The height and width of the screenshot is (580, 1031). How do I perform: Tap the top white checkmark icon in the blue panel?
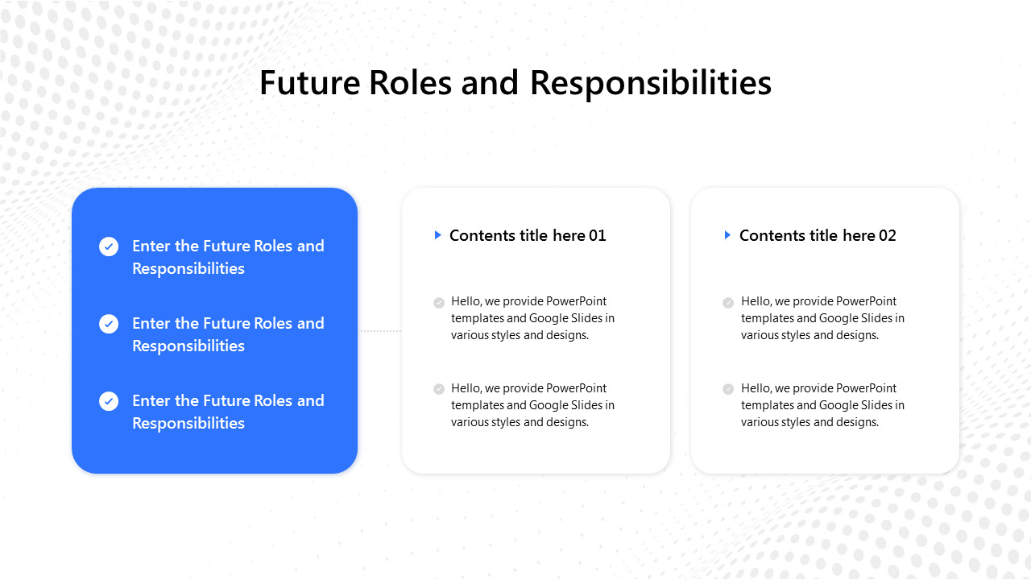click(109, 246)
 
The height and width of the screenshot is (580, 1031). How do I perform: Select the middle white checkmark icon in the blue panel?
click(109, 324)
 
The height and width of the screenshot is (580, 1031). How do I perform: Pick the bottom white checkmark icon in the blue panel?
click(109, 401)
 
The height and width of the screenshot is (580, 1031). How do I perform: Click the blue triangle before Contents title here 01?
click(437, 235)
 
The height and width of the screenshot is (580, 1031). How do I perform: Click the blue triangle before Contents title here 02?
click(727, 235)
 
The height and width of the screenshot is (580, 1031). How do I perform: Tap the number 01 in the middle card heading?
click(597, 235)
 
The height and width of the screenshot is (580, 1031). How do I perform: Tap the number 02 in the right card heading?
click(887, 235)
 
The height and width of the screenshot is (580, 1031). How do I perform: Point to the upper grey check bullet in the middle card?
click(439, 303)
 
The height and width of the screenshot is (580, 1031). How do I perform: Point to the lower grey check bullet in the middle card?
click(439, 389)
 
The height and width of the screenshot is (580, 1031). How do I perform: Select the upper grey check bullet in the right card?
click(728, 303)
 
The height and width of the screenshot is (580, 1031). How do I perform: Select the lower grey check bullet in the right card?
click(728, 389)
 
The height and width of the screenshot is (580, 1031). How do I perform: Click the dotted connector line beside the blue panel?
click(379, 330)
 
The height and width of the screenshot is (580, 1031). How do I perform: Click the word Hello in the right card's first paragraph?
click(756, 301)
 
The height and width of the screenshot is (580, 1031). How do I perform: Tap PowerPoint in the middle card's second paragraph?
click(577, 388)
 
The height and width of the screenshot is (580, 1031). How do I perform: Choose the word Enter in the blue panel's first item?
click(151, 246)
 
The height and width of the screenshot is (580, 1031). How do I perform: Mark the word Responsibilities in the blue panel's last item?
click(188, 423)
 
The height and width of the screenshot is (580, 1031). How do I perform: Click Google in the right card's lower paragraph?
click(838, 405)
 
